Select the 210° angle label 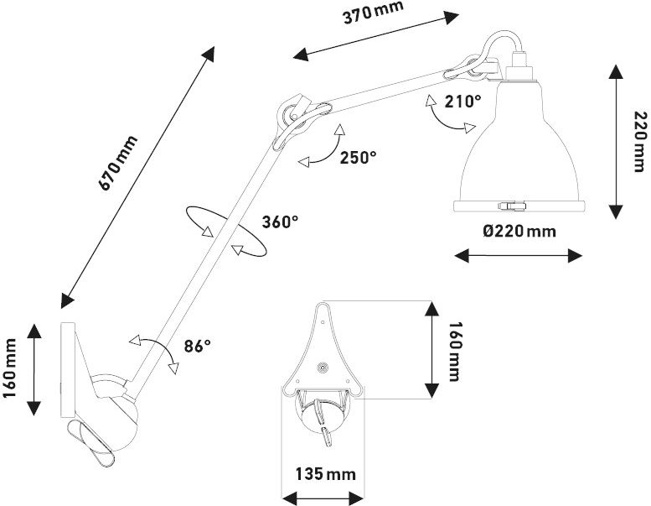(x=463, y=102)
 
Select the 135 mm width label (x=325, y=473)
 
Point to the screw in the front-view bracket (x=323, y=366)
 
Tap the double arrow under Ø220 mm (x=516, y=254)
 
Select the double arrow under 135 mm (x=326, y=495)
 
